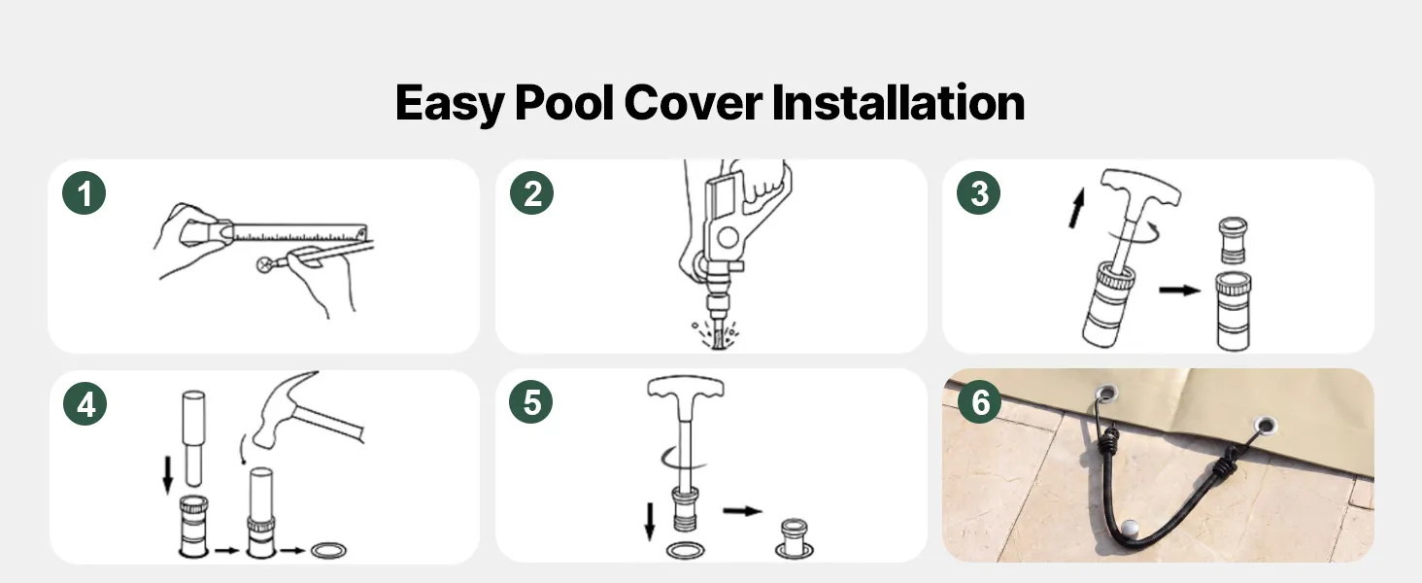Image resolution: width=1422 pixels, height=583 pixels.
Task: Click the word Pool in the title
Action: pos(564,102)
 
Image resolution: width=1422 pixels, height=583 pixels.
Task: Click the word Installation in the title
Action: pos(897,102)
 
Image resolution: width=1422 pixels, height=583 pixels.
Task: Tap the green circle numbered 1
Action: pos(84,193)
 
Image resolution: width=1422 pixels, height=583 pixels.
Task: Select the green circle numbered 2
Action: pos(532,193)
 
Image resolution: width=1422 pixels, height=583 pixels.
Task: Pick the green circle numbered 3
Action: pos(978,193)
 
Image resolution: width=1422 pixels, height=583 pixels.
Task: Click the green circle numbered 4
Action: pos(85,403)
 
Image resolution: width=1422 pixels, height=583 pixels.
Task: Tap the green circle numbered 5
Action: pos(530,402)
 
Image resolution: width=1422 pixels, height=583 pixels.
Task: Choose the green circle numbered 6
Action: pos(979,402)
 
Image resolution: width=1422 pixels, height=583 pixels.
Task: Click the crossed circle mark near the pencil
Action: pos(265,265)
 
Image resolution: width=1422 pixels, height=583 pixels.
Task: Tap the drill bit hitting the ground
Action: pos(717,333)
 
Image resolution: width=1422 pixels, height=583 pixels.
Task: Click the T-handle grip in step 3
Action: pos(1140,188)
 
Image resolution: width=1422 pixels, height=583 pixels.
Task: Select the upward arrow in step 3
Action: pos(1076,208)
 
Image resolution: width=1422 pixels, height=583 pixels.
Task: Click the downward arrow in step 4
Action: pos(168,474)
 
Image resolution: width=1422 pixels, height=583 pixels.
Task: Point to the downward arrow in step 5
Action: pos(650,522)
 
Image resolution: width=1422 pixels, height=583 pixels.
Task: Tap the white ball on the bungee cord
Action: pos(1130,528)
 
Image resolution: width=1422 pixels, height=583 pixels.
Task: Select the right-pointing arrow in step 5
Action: pos(743,510)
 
